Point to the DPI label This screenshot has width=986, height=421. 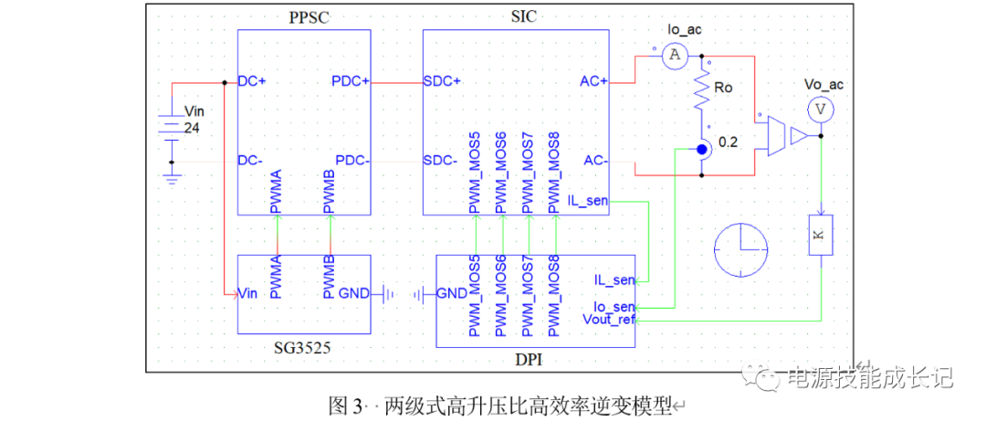pyautogui.click(x=528, y=361)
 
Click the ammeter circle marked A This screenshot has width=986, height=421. pyautogui.click(x=675, y=57)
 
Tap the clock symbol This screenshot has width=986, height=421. pyautogui.click(x=741, y=249)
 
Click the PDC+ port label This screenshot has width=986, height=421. pyautogui.click(x=351, y=81)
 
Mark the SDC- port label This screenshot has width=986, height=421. pyautogui.click(x=442, y=161)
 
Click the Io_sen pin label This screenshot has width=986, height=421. pyautogui.click(x=614, y=307)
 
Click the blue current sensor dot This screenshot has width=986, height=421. pyautogui.click(x=702, y=149)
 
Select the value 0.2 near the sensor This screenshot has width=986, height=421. pyautogui.click(x=729, y=143)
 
